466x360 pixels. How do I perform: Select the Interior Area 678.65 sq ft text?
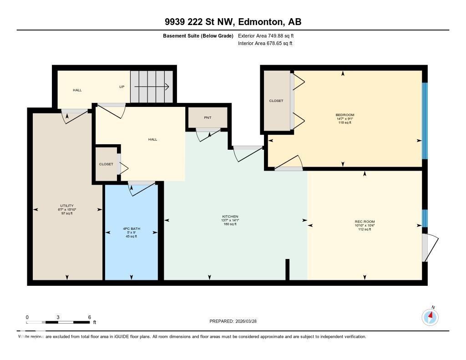click(x=265, y=44)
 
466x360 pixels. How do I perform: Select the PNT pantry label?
click(x=208, y=118)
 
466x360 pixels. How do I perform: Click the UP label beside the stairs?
click(x=122, y=86)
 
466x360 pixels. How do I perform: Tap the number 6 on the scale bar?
click(x=90, y=317)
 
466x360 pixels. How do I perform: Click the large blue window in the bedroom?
click(x=425, y=121)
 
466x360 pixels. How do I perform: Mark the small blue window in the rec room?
click(x=425, y=218)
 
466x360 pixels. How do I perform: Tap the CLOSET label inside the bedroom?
click(x=276, y=101)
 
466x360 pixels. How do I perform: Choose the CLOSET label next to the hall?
click(x=106, y=164)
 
